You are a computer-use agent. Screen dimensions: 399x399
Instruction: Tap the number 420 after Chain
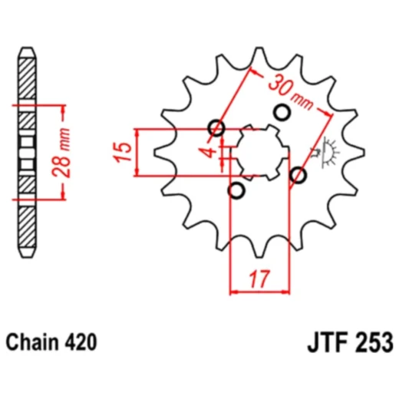pos(82,341)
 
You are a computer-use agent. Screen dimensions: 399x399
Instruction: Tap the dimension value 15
pos(120,152)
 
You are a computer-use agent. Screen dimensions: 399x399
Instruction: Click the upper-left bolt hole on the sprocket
pos(217,129)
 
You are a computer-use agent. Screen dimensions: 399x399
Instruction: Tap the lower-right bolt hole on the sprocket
pos(298,176)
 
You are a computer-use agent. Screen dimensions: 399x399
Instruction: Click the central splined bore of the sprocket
pos(258,152)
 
